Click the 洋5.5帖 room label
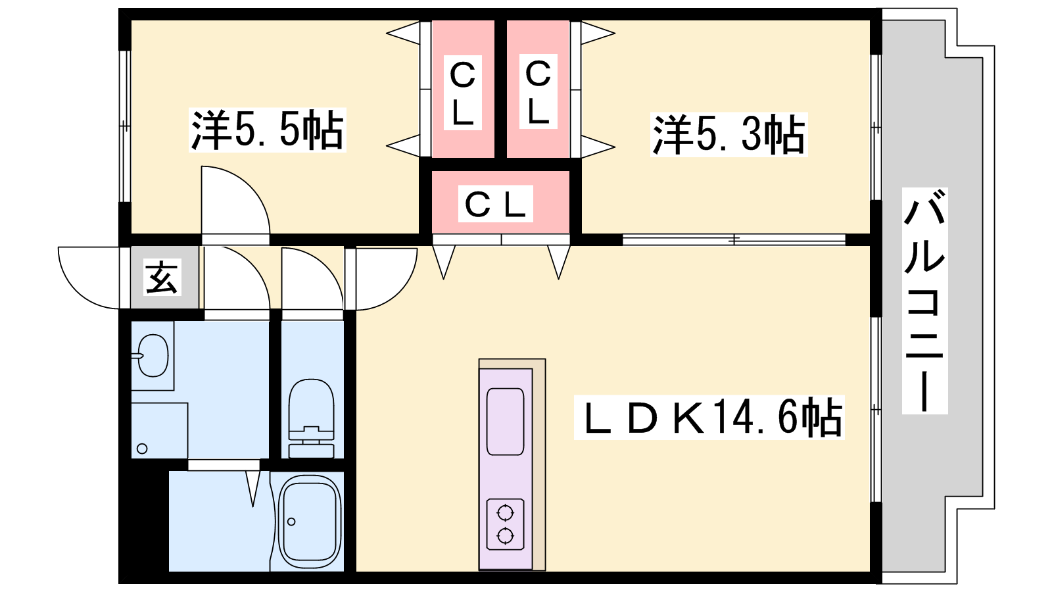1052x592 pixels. pos(267,130)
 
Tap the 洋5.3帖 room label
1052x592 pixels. pos(728,135)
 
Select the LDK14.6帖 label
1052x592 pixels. pos(709,417)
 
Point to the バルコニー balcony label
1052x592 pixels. pos(924,300)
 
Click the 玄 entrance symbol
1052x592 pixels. pos(162,277)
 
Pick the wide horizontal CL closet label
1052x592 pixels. pos(495,205)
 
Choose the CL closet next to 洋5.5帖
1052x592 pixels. pos(462,93)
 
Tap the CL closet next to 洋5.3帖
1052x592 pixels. pos(538,91)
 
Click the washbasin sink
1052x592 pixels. pos(153,356)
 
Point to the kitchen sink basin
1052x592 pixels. pos(505,421)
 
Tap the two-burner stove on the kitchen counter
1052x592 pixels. pos(505,524)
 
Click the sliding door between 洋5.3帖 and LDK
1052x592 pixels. pos(733,240)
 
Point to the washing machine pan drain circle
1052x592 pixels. pos(142,449)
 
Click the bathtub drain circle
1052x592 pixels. pos(291,522)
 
